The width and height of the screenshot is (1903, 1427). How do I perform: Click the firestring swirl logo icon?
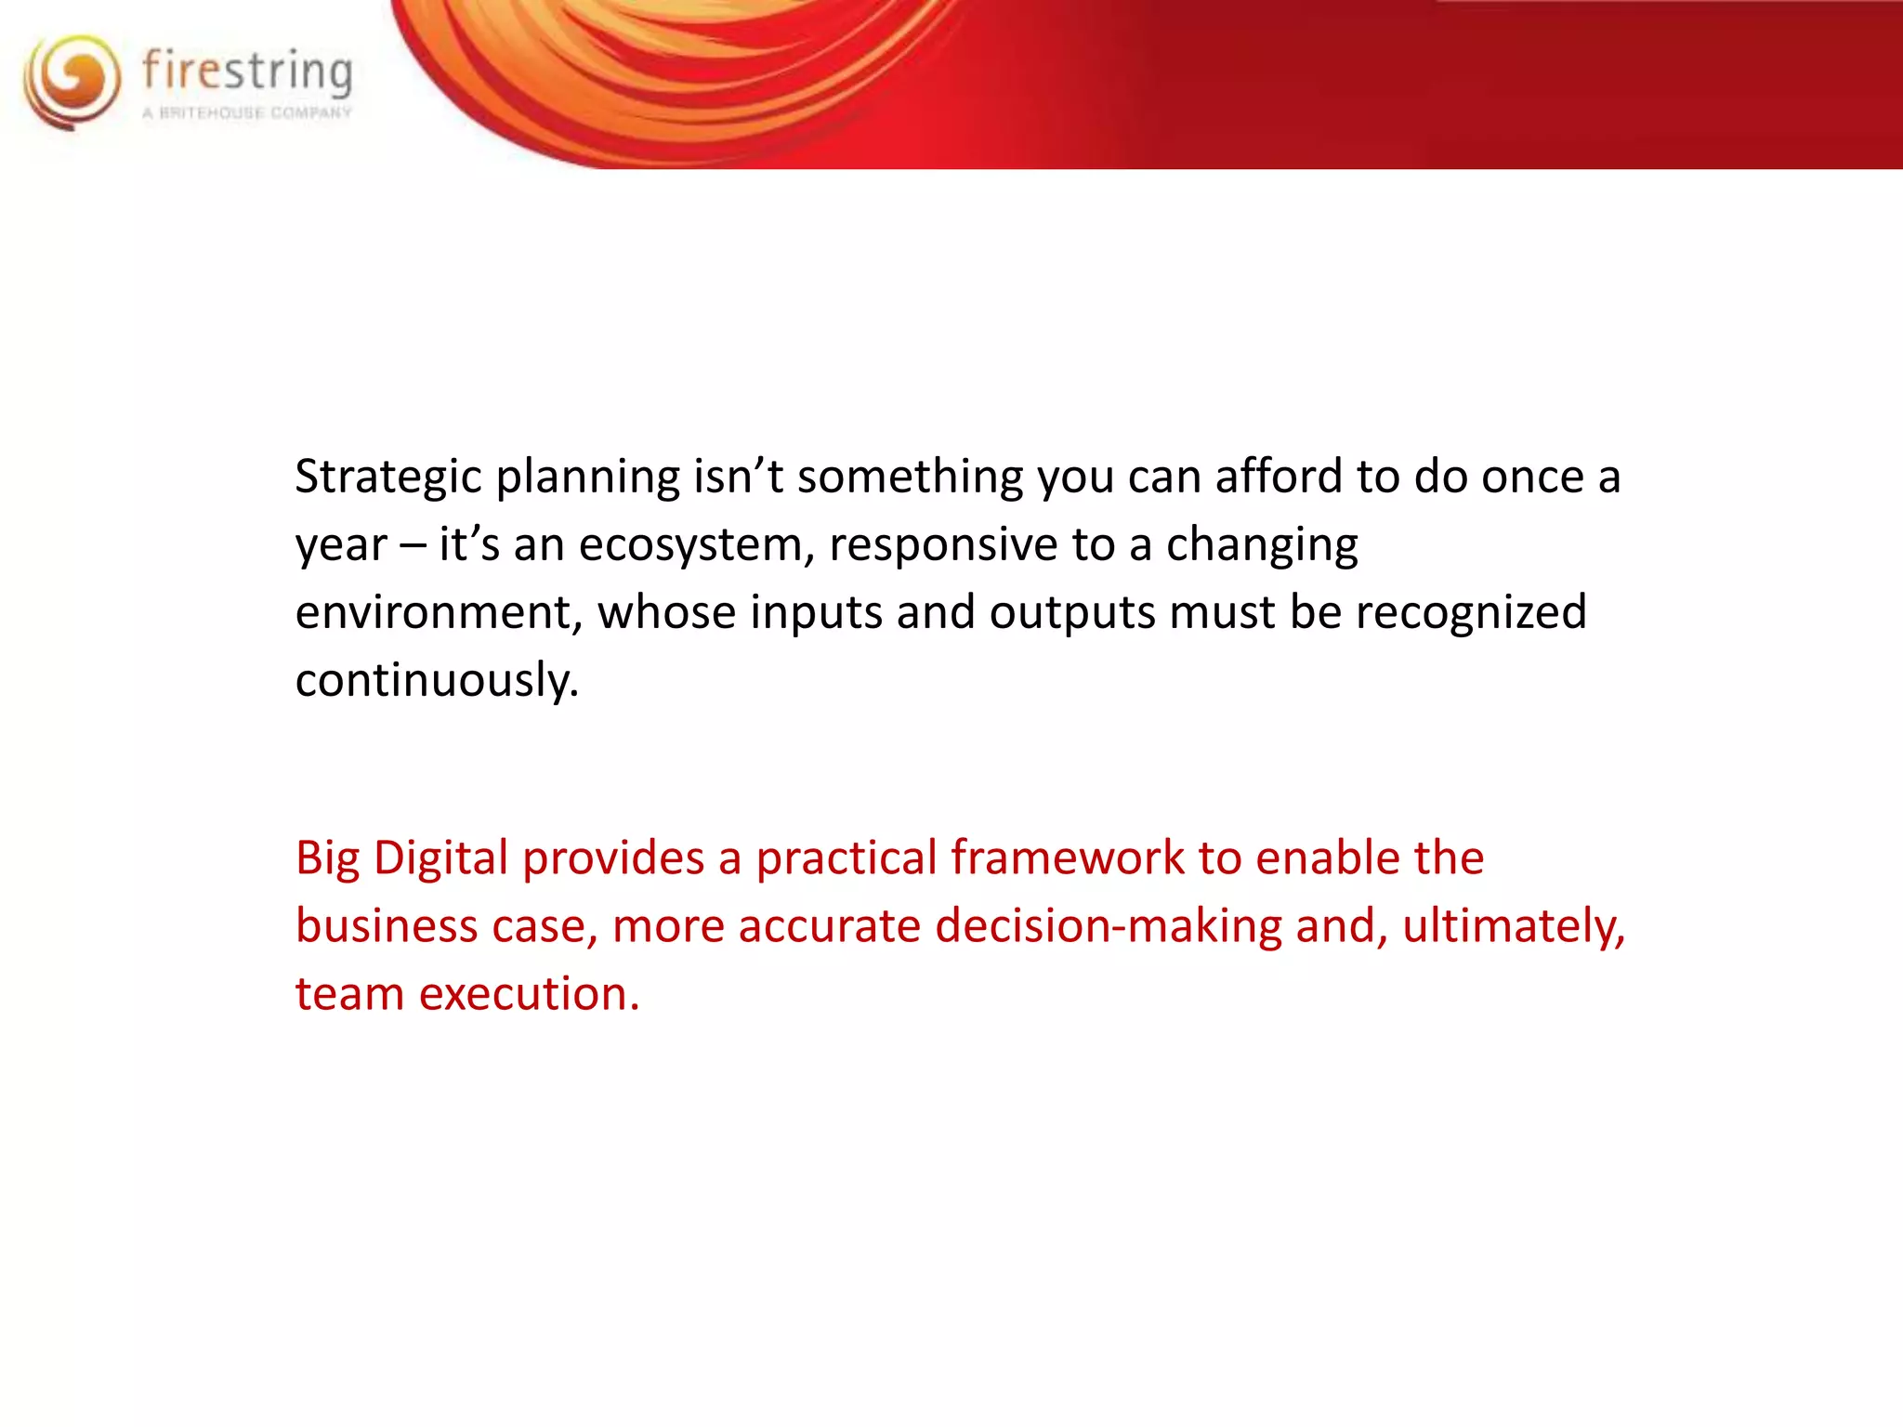(72, 81)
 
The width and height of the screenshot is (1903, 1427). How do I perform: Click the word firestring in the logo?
(247, 72)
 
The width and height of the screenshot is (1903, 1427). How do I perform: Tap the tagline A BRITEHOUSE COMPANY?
(247, 113)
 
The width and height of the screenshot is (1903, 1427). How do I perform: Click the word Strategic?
(387, 478)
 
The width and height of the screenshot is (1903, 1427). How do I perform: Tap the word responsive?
(943, 545)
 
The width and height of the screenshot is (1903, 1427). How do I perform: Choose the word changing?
(1262, 545)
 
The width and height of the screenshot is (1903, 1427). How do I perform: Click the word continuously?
(437, 681)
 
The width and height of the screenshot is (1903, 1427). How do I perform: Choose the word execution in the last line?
(529, 995)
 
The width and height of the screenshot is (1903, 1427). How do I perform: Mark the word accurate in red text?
(829, 927)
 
